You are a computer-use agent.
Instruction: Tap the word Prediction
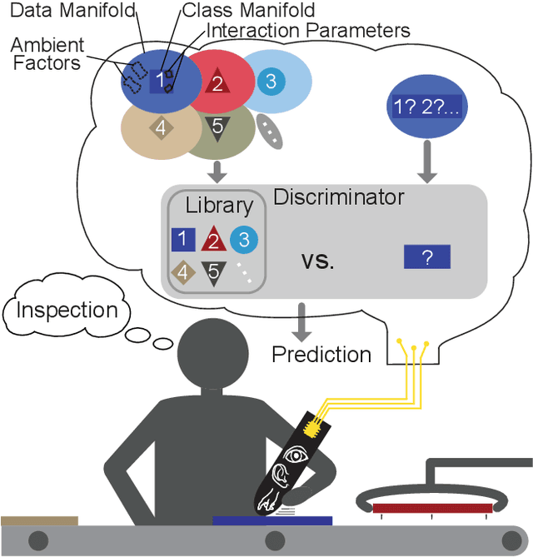[321, 355]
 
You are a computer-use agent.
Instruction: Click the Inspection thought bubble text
[67, 311]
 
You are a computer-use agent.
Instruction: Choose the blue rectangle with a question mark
[426, 257]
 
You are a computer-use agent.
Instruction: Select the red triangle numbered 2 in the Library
[212, 240]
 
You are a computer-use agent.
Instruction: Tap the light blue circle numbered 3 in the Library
[244, 240]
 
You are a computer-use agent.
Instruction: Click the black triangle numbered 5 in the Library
[212, 272]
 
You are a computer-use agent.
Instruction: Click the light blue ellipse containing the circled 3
[274, 81]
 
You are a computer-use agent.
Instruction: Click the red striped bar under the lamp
[431, 506]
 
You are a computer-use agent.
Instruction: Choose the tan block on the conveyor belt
[39, 520]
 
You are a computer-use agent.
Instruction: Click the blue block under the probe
[271, 520]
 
